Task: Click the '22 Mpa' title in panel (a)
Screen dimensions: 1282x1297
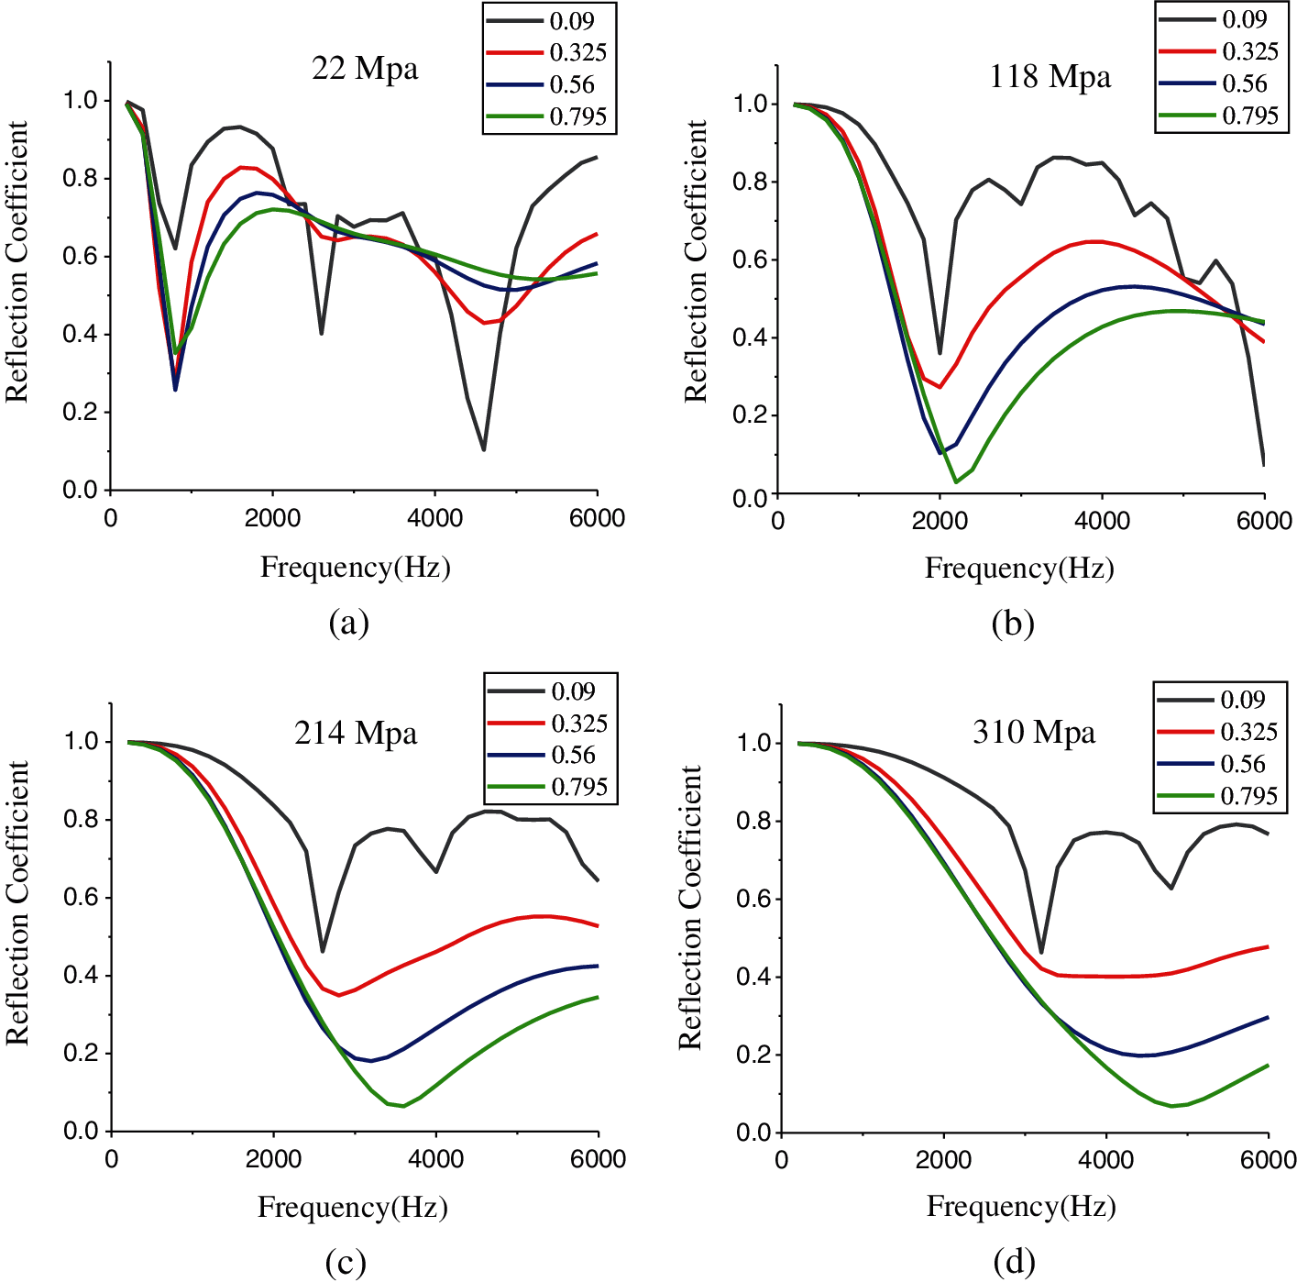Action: click(x=365, y=69)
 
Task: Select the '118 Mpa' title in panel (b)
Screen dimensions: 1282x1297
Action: click(x=1050, y=76)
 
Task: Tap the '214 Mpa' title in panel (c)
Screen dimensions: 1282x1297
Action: click(x=356, y=734)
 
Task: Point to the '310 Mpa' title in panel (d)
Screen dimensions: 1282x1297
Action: click(x=1034, y=733)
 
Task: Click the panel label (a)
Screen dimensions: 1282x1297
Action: click(x=348, y=623)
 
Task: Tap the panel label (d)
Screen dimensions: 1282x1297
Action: click(x=1014, y=1263)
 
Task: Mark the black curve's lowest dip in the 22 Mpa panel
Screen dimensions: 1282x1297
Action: click(x=483, y=449)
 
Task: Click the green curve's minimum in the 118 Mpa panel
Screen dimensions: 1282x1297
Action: click(x=956, y=481)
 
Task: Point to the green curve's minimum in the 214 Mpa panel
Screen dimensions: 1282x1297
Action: click(x=403, y=1106)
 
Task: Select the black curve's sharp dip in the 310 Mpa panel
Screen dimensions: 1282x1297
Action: click(x=1040, y=953)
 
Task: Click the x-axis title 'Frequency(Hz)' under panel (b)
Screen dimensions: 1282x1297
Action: click(x=1019, y=568)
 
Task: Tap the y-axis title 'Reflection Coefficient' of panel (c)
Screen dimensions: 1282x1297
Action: click(x=17, y=903)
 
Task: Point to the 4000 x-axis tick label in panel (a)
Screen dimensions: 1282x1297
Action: click(x=434, y=518)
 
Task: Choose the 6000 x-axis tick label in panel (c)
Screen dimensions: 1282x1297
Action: click(x=598, y=1159)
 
